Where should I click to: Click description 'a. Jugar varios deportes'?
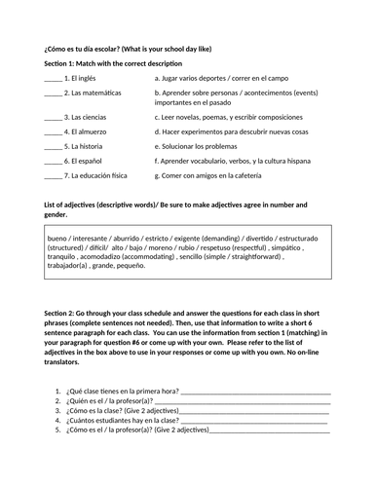click(200, 76)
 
